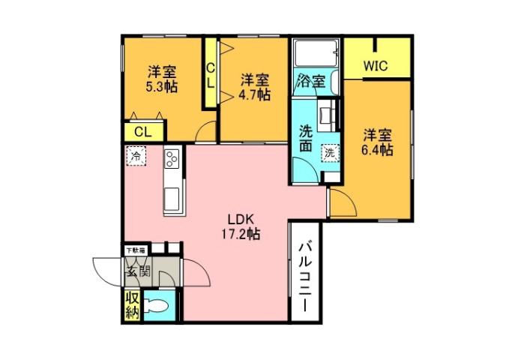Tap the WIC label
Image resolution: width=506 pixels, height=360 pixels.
pyautogui.click(x=376, y=65)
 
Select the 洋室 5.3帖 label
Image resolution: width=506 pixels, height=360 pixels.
pyautogui.click(x=161, y=79)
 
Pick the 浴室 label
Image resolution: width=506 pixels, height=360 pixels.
pyautogui.click(x=310, y=80)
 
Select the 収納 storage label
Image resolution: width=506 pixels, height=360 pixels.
pyautogui.click(x=132, y=304)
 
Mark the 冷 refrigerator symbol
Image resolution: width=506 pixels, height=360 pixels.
pyautogui.click(x=136, y=157)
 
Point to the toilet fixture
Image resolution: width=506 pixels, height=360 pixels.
pyautogui.click(x=157, y=306)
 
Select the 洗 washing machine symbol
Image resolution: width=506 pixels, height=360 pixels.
pyautogui.click(x=329, y=152)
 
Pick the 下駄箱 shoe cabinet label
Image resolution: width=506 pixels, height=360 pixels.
pyautogui.click(x=136, y=248)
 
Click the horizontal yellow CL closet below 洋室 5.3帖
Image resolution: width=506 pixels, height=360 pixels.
pyautogui.click(x=140, y=130)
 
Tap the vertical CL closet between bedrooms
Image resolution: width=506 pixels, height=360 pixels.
pyautogui.click(x=211, y=75)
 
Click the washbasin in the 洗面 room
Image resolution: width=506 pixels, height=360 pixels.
pyautogui.click(x=327, y=115)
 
